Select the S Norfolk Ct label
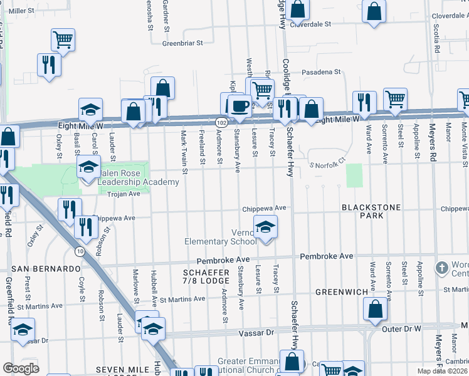pos(328,165)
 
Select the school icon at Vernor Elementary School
pos(265,227)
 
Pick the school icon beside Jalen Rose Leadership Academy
pos(88,166)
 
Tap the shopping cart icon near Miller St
pos(63,39)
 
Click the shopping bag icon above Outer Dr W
pos(375,309)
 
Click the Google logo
pos(21,368)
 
